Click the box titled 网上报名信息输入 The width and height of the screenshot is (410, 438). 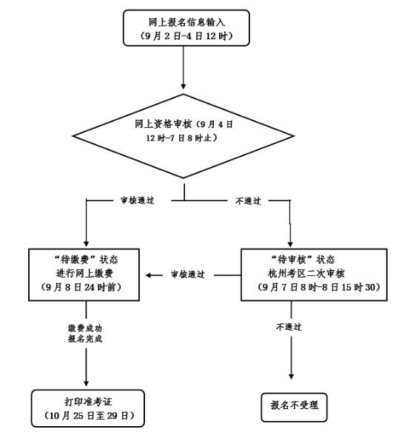point(186,28)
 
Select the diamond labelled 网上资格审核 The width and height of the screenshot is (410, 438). point(184,136)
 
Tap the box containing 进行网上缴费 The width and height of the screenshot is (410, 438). point(84,274)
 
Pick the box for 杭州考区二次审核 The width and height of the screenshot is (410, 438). point(314,274)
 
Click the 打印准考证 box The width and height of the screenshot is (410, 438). point(88,408)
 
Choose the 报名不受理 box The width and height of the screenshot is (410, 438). point(294,407)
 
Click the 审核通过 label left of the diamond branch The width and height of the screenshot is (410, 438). point(137,201)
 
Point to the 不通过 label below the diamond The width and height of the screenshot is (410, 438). point(248,201)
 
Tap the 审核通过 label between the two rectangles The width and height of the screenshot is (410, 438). point(188,274)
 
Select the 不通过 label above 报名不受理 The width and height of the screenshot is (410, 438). point(289,327)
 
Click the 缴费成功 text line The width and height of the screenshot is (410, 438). point(85,328)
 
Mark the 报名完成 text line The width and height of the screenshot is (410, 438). point(85,339)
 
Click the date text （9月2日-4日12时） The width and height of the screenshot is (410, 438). point(186,36)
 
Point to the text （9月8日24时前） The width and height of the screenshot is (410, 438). point(81,287)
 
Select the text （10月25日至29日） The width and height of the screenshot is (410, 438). point(89,416)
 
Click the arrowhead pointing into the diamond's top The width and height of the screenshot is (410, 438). point(184,86)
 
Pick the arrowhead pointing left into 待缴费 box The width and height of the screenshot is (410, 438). point(149,275)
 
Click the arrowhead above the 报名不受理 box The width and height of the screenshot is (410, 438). point(292,376)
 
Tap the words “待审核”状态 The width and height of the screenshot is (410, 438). point(303,260)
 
